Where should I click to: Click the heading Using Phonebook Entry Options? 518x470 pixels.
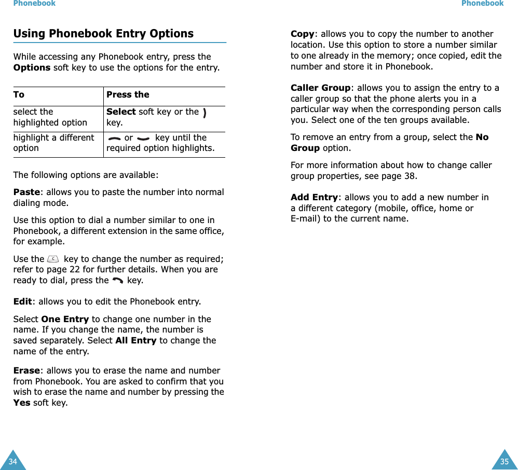(x=103, y=34)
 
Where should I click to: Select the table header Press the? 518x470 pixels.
(x=128, y=94)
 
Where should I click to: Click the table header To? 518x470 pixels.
(x=19, y=94)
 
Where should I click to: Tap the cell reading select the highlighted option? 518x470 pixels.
(x=50, y=117)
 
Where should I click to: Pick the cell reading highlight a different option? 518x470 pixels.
(x=53, y=143)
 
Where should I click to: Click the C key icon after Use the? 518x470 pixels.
(x=53, y=259)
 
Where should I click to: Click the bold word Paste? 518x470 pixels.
(x=26, y=192)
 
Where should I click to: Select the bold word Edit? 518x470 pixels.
(x=23, y=301)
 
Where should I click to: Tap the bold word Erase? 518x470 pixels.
(x=26, y=370)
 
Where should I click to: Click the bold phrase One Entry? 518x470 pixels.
(x=64, y=319)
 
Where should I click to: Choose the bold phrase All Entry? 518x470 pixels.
(x=136, y=340)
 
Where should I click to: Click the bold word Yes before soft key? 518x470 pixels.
(x=21, y=403)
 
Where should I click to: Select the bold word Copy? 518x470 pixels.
(x=302, y=34)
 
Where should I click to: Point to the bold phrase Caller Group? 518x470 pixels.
(x=320, y=88)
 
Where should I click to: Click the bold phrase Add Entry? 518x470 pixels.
(x=314, y=197)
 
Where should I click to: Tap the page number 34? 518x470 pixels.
(x=12, y=461)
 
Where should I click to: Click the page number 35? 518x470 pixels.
(x=505, y=461)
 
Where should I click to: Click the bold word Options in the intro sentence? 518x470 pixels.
(x=32, y=67)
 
